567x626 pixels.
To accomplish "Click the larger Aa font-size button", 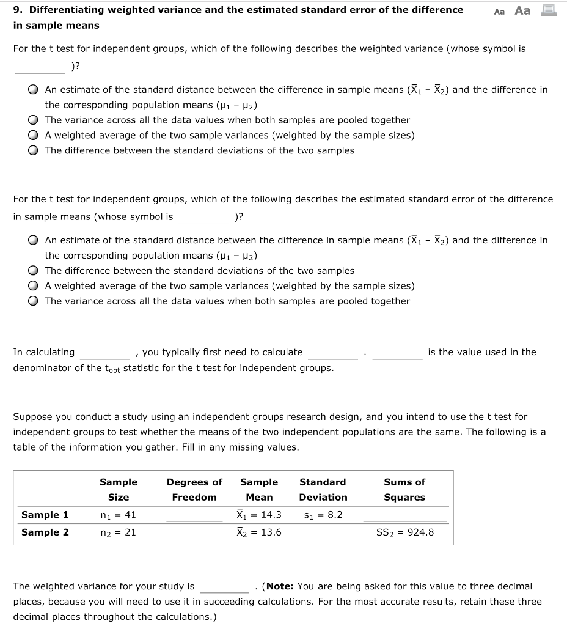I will (x=522, y=10).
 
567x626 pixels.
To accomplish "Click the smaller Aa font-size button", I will (x=499, y=12).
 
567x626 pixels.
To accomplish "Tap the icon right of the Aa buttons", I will (x=549, y=10).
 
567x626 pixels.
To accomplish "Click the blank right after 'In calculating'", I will (x=104, y=353).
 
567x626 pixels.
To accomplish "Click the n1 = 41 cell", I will (x=118, y=515).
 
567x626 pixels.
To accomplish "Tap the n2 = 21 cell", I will (x=118, y=532).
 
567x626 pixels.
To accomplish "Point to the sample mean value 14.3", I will (x=259, y=515).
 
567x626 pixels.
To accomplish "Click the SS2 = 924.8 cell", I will (x=405, y=532).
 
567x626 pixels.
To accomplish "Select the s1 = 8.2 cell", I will (x=323, y=515).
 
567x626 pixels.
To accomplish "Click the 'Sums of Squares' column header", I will (x=404, y=490).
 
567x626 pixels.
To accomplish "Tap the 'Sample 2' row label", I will (x=45, y=532).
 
